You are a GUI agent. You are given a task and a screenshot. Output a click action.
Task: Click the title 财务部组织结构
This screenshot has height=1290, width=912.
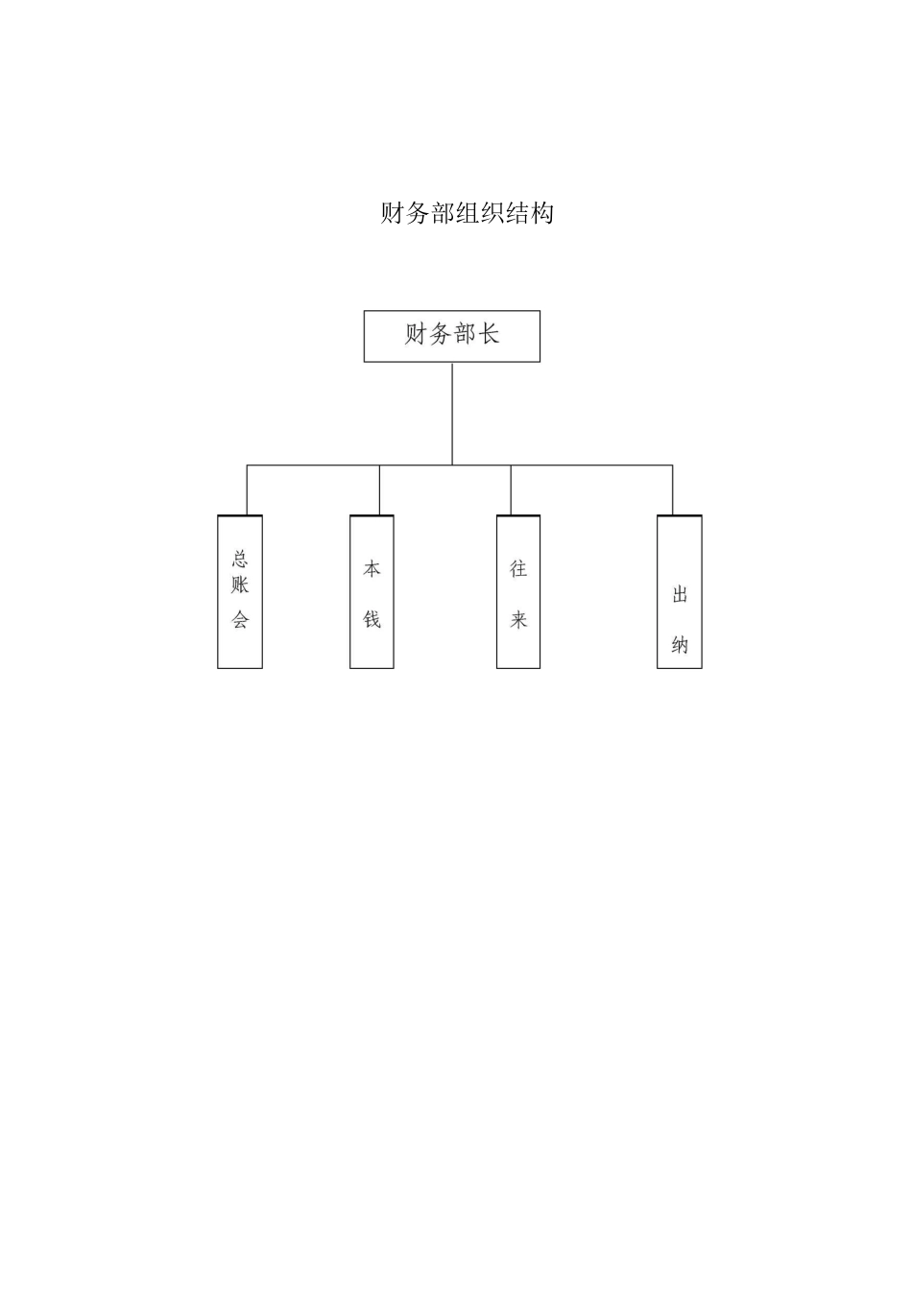(x=467, y=213)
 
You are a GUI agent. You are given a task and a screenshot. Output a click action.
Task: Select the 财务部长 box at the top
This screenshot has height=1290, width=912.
(x=451, y=336)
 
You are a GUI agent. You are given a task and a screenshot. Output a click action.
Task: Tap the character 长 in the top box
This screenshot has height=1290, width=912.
(x=489, y=334)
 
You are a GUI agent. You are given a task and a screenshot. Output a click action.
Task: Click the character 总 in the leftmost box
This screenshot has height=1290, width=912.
(x=240, y=560)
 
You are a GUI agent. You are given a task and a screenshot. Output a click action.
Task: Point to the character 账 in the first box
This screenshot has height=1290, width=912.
(x=240, y=585)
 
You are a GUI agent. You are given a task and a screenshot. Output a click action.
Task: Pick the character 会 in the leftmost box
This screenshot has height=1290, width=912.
(x=240, y=620)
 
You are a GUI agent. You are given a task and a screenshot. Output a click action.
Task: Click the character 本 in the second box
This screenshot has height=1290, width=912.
(x=372, y=569)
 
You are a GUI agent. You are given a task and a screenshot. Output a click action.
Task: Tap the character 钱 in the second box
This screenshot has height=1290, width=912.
(x=372, y=620)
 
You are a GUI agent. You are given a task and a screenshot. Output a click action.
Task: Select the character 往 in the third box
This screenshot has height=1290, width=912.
(x=518, y=569)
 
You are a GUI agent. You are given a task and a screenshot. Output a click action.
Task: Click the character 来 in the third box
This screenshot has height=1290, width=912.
(x=518, y=620)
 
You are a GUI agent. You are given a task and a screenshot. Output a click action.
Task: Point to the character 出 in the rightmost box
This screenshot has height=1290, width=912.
(x=680, y=595)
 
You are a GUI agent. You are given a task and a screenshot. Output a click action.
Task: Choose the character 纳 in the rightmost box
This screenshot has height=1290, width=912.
(x=680, y=645)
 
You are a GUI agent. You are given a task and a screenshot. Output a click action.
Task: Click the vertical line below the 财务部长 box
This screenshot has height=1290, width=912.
(x=452, y=413)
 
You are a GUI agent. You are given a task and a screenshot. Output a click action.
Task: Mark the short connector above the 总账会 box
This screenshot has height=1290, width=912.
(x=247, y=490)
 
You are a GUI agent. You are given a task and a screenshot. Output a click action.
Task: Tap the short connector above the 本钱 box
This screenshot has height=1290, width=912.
(x=379, y=490)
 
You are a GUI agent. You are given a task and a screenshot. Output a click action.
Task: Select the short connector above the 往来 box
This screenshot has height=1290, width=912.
(x=511, y=490)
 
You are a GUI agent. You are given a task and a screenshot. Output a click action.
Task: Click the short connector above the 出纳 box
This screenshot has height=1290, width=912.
(x=672, y=490)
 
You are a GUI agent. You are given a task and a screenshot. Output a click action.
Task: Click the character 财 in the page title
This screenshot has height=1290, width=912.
(x=393, y=213)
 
